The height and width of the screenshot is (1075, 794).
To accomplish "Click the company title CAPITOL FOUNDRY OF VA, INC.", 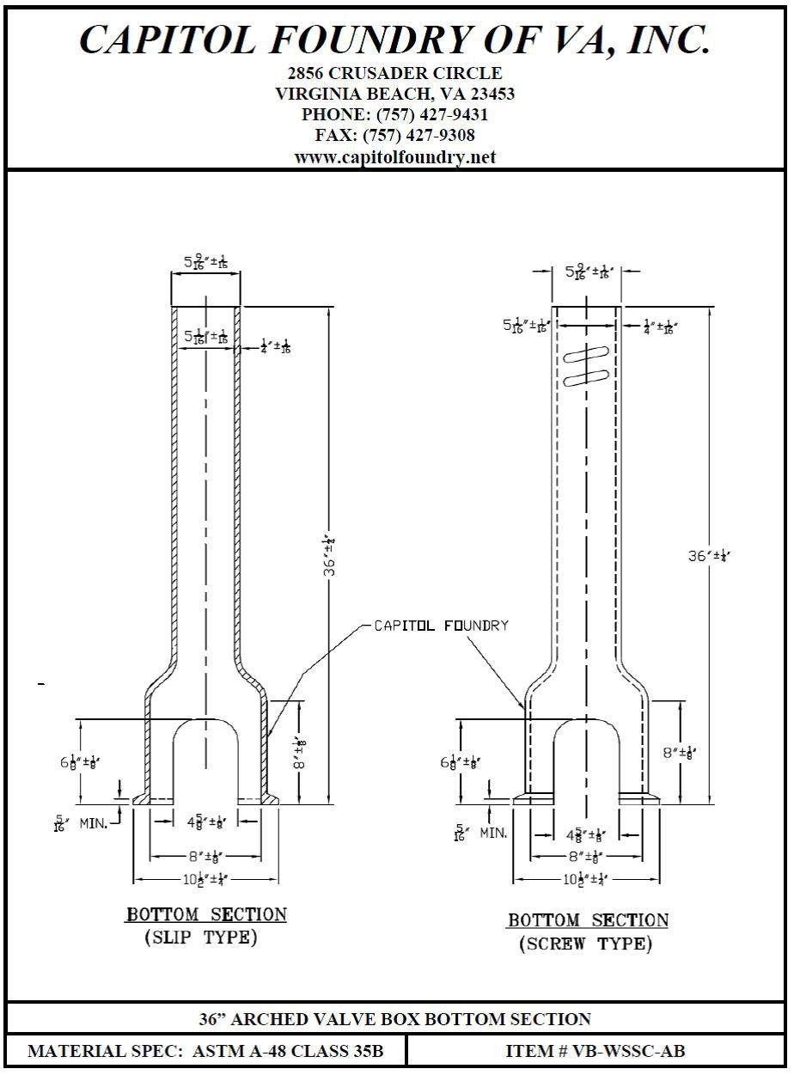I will (395, 40).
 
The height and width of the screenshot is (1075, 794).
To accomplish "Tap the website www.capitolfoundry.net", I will (395, 157).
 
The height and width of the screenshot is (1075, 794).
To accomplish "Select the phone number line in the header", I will (395, 115).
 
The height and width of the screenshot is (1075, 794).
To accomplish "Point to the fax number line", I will (395, 136).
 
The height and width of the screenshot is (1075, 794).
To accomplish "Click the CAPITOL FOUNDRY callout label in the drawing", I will (441, 626).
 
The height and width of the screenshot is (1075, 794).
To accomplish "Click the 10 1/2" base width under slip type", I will (205, 879).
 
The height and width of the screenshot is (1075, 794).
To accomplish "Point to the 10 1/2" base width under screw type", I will (587, 879).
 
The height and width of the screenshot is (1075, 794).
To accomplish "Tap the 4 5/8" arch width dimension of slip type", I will (205, 822).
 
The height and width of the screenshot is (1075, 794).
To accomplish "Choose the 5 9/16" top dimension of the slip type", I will (205, 260).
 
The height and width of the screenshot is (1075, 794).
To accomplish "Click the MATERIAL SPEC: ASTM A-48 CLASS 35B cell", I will (205, 1051).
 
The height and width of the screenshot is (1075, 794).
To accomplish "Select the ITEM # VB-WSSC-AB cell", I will (595, 1051).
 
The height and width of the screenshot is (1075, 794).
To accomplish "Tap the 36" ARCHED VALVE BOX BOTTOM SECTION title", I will (395, 1019).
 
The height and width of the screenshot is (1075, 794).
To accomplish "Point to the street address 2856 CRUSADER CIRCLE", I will (395, 74).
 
